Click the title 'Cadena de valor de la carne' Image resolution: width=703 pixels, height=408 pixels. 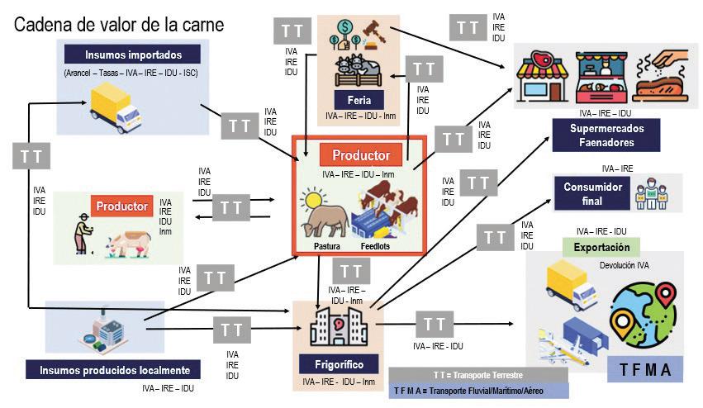[x=118, y=25]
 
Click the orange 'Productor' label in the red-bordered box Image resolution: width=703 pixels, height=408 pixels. [x=360, y=155]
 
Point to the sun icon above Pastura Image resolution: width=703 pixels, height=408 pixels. [x=314, y=200]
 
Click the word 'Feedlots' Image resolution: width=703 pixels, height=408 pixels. [x=381, y=246]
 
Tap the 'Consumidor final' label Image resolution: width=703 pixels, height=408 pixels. [x=593, y=193]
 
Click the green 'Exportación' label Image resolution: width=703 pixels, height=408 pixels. [x=602, y=246]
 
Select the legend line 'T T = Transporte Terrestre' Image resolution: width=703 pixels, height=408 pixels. [x=477, y=375]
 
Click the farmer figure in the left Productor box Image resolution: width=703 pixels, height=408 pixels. [x=83, y=234]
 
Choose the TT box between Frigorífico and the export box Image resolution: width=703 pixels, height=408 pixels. [x=434, y=325]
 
